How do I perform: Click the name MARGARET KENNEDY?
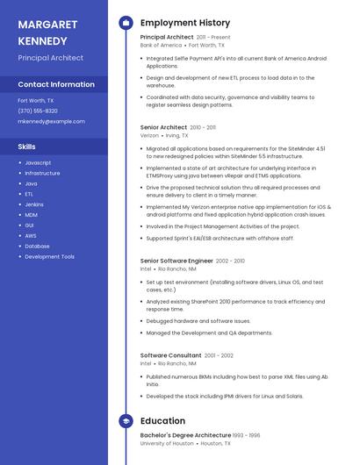(x=47, y=32)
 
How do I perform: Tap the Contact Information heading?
(x=56, y=84)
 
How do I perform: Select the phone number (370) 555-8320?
(x=38, y=111)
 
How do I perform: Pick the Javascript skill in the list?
(x=38, y=163)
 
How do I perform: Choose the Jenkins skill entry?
(x=34, y=204)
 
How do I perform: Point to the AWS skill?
(x=31, y=236)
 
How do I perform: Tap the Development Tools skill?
(x=49, y=257)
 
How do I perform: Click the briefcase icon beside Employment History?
(x=126, y=22)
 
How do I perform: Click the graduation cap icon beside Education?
(x=126, y=421)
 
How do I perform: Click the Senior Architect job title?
(x=163, y=127)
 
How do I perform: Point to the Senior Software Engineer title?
(x=176, y=261)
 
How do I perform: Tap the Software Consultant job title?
(x=170, y=355)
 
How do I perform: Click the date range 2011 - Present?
(x=213, y=38)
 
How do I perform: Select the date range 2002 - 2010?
(x=230, y=261)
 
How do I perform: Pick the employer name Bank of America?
(x=161, y=45)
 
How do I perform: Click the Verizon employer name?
(x=149, y=136)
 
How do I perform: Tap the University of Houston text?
(x=166, y=444)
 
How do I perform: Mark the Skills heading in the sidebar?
(x=27, y=147)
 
